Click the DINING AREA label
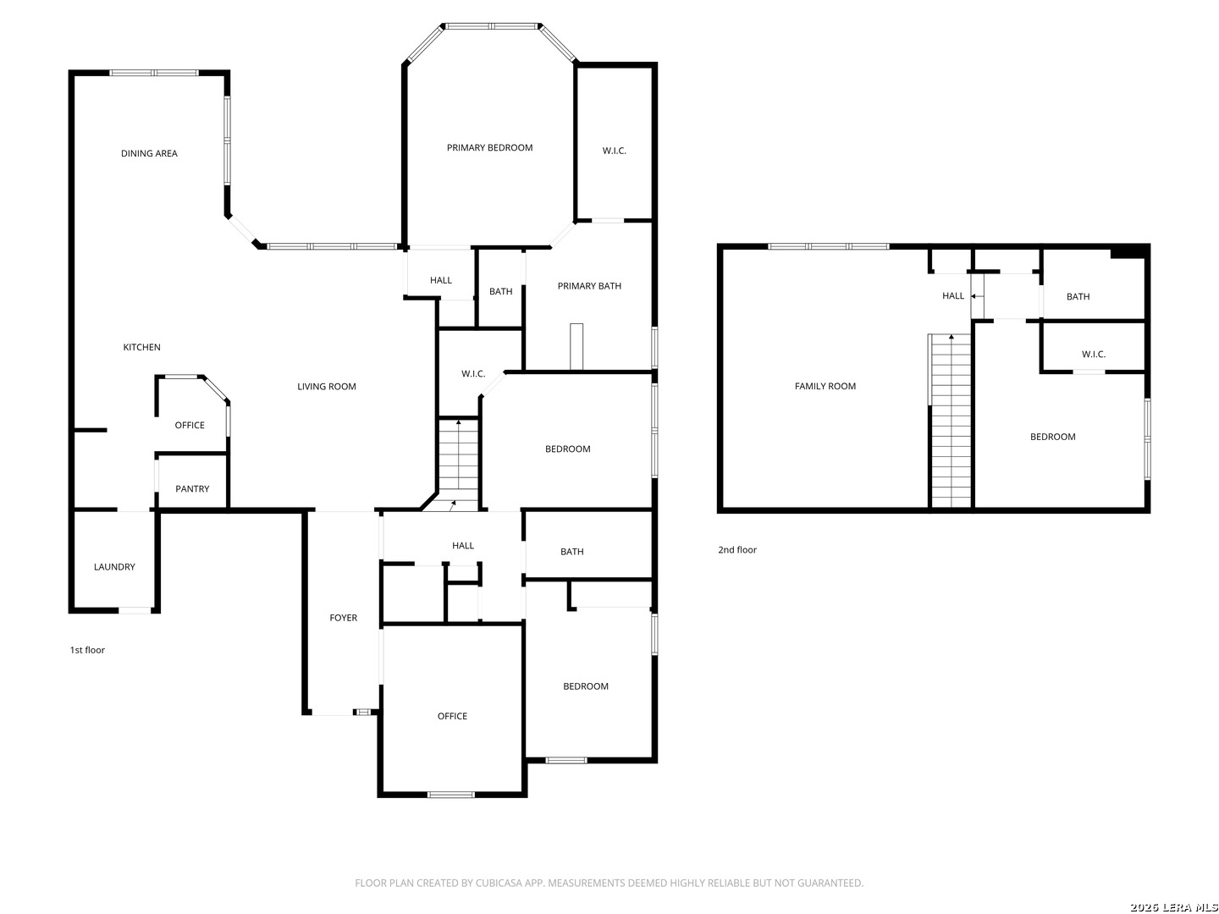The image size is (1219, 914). point(149,153)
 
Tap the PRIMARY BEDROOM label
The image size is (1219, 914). point(489,147)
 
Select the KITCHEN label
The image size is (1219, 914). point(141,347)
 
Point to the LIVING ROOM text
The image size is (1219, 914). point(326,387)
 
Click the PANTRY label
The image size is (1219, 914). point(192,489)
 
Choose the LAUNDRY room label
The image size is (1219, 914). point(114,567)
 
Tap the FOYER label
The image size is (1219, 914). point(343,618)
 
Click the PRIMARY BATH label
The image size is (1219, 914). point(589,286)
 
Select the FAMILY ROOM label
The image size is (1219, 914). point(825,386)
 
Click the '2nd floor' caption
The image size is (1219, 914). point(737,549)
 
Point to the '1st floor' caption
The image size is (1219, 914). point(87,650)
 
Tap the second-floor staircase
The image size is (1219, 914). point(951,421)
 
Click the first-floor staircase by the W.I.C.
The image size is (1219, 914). point(458,465)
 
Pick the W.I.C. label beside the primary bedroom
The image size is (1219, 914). point(615,151)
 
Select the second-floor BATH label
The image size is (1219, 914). point(1078,297)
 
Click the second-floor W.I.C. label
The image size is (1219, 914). point(1093,354)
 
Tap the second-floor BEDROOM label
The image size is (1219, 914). point(1052,437)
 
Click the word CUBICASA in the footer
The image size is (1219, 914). point(497,883)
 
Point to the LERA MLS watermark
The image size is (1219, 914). point(1173,907)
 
